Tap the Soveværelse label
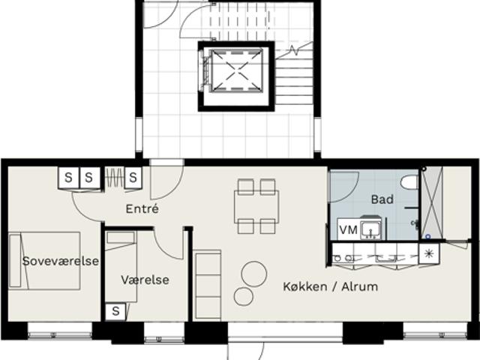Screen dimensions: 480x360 [61, 261]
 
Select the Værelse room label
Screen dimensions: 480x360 [145, 280]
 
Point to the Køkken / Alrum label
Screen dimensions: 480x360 [330, 286]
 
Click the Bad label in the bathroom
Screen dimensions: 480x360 [382, 199]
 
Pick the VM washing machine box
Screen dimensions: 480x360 [349, 229]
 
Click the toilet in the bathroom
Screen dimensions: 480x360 [409, 182]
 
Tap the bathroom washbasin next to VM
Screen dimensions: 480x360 [370, 229]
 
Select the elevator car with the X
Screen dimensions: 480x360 [236, 70]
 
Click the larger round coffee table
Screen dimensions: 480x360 [253, 274]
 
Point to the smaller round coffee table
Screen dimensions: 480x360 [244, 297]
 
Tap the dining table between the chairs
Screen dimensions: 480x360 [256, 207]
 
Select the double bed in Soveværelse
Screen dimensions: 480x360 [45, 261]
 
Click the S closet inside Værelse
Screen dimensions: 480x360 [115, 311]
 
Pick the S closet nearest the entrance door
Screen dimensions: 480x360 [133, 178]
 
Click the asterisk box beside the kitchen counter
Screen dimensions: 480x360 [429, 253]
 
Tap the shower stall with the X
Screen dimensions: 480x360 [432, 203]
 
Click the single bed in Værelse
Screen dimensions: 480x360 [121, 267]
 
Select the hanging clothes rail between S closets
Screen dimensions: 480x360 [115, 177]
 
